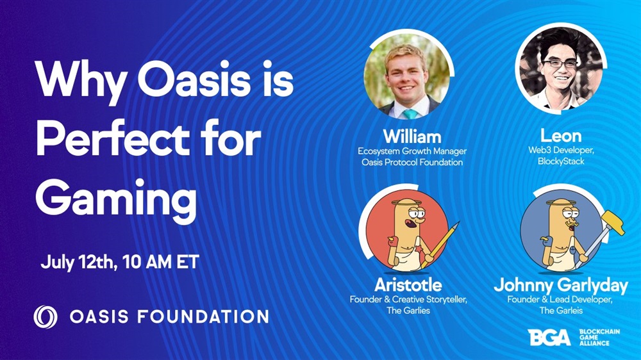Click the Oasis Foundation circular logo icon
pyautogui.click(x=46, y=316)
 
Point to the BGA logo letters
pyautogui.click(x=549, y=338)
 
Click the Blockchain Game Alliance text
pyautogui.click(x=599, y=338)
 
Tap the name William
pyautogui.click(x=412, y=136)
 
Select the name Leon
pyautogui.click(x=560, y=136)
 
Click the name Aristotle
pyautogui.click(x=408, y=285)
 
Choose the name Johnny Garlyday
pyautogui.click(x=560, y=286)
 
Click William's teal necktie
pyautogui.click(x=410, y=114)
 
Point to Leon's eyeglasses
pyautogui.click(x=560, y=64)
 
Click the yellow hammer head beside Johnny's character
pyautogui.click(x=612, y=222)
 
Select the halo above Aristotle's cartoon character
pyautogui.click(x=406, y=202)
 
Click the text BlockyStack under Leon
pyautogui.click(x=561, y=161)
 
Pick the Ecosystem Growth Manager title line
pyautogui.click(x=412, y=151)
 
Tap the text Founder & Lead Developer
pyautogui.click(x=560, y=300)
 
